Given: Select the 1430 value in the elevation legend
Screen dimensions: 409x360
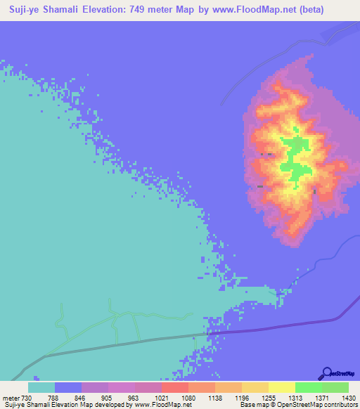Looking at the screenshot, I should (348, 397).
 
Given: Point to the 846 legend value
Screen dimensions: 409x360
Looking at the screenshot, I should (81, 397).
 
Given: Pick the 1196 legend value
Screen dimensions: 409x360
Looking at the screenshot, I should (241, 397).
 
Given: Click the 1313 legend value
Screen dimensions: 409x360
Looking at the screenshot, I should (295, 397).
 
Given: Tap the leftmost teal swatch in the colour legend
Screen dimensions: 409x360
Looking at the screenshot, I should (41, 387).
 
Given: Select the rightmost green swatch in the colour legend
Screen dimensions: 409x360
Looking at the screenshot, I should (335, 387).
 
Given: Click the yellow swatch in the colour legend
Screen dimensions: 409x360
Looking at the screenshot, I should (281, 387).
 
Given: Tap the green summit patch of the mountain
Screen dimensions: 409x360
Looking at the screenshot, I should (295, 158).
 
